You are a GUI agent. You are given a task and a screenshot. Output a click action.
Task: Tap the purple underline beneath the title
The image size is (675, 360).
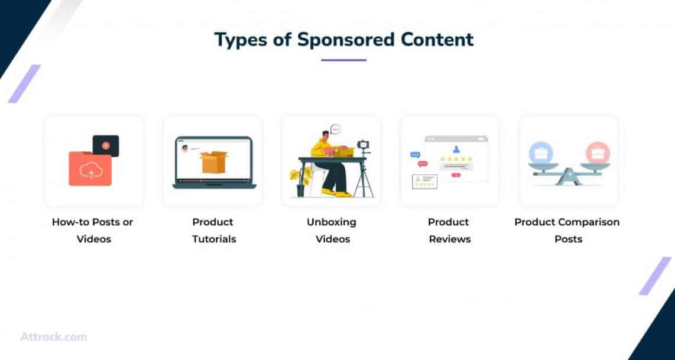point(343,60)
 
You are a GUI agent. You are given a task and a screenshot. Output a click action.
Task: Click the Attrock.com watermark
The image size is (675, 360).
point(53,337)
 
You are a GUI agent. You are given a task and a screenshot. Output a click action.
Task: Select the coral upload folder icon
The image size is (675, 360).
point(90,168)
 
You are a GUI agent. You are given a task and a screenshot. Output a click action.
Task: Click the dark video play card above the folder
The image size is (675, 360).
point(106,145)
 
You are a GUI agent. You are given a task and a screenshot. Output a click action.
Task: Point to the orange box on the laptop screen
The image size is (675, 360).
point(214,162)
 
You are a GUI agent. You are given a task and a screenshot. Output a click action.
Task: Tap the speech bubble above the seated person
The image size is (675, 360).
point(336,129)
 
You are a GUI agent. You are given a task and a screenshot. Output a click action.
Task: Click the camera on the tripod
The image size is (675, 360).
point(364,145)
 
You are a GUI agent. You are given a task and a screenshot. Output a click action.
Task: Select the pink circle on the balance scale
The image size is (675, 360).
point(598,153)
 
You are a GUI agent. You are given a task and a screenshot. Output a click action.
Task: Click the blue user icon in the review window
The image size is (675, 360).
point(456,149)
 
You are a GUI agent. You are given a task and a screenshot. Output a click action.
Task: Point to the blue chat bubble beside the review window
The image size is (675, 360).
point(415,155)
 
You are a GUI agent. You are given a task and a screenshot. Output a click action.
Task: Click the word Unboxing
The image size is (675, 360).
point(332,223)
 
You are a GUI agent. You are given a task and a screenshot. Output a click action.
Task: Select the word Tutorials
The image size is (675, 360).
point(214,239)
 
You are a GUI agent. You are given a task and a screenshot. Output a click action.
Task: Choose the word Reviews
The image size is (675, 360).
point(450,239)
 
